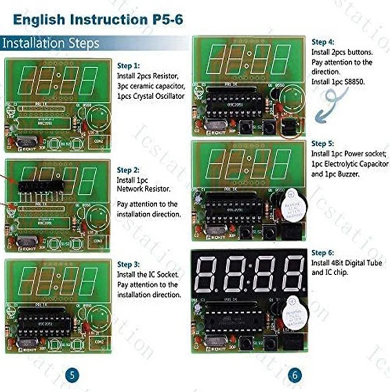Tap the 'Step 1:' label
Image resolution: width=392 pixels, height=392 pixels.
coord(128,66)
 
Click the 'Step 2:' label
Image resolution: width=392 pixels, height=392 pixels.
coord(128,171)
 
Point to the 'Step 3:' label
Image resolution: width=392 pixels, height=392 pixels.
coord(128,265)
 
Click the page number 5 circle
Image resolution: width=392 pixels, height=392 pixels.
coord(71,375)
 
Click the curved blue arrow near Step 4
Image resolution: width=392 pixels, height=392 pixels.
coord(331,103)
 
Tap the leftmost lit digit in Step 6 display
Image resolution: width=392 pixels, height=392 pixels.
coord(207,274)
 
